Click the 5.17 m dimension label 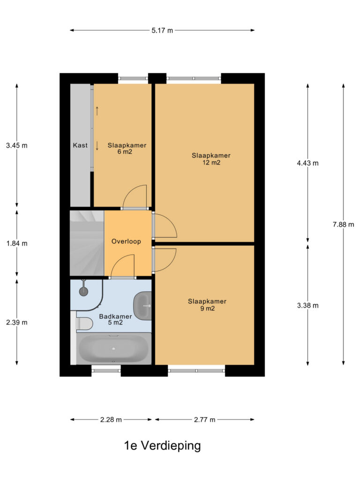tap(162, 30)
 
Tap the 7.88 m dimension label tap(343, 225)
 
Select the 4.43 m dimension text tap(307, 163)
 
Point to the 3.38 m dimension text tap(307, 305)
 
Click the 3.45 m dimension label tap(17, 145)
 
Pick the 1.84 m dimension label tap(17, 243)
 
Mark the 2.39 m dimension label tap(17, 322)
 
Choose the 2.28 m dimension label tap(111, 420)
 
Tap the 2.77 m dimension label tap(204, 420)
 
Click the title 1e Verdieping tap(162, 446)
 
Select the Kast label tap(80, 145)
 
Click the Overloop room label tap(126, 241)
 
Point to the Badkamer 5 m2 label tap(115, 319)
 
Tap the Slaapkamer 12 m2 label tap(211, 159)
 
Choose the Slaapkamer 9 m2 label tap(207, 305)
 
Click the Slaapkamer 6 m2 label tap(127, 149)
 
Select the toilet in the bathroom tap(84, 324)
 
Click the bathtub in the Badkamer tap(113, 349)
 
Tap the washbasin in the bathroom tap(142, 306)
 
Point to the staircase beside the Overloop tap(87, 243)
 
